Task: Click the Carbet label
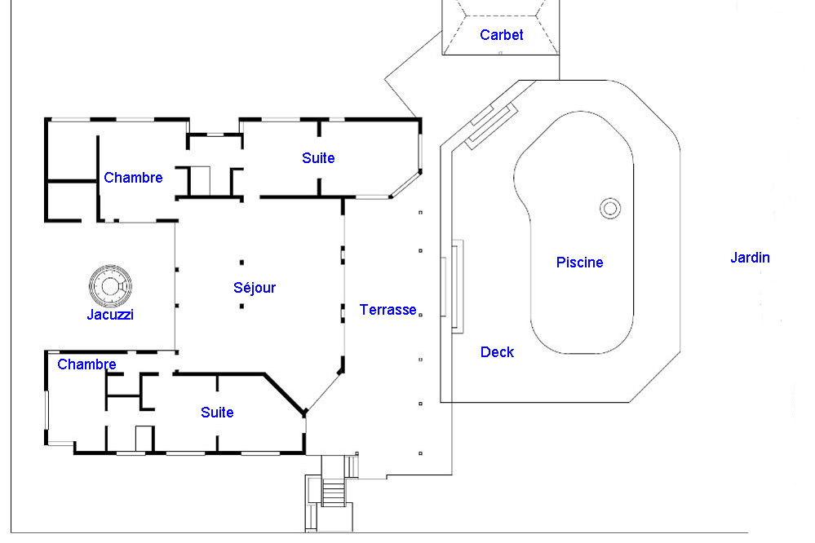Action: (501, 35)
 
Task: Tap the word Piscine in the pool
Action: (579, 263)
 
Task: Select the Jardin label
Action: (750, 257)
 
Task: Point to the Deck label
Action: (497, 352)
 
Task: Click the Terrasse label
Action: (388, 310)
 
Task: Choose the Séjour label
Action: (255, 287)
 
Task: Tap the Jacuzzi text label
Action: (110, 315)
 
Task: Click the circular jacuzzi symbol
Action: (110, 286)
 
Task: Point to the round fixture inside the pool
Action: (610, 209)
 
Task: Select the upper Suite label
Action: (318, 158)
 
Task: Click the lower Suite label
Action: (217, 413)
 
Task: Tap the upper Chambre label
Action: (133, 178)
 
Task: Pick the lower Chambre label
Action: (86, 364)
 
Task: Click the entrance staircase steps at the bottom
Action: (333, 492)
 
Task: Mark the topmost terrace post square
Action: (420, 213)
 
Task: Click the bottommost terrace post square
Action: (420, 453)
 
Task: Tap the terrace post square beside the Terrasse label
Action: (420, 315)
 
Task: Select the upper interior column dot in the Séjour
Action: (241, 263)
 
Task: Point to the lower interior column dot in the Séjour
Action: (241, 306)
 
